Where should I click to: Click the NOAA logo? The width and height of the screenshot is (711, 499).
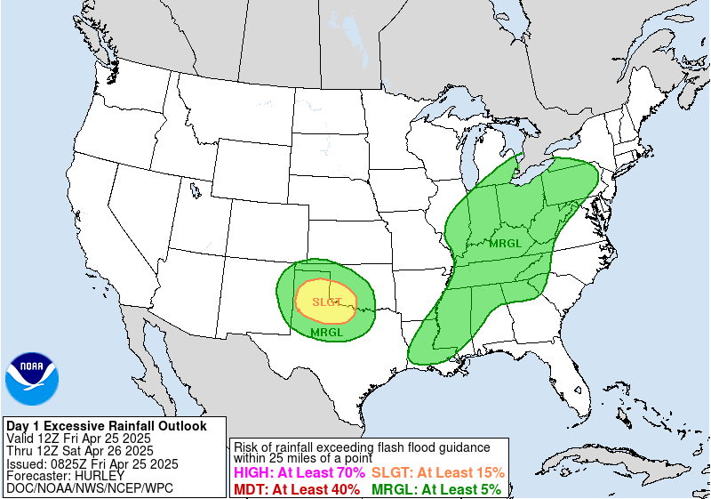click(32, 379)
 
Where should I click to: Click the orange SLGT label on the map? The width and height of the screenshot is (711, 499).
click(326, 302)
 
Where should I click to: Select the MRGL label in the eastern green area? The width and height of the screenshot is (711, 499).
click(506, 242)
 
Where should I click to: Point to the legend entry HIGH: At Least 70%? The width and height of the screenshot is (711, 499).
click(299, 473)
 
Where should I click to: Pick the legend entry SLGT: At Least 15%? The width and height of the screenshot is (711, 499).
click(437, 473)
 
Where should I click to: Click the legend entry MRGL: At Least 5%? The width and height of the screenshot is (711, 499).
click(435, 489)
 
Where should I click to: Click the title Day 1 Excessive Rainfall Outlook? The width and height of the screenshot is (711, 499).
click(106, 426)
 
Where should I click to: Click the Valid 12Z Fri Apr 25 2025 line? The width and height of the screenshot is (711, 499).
click(78, 439)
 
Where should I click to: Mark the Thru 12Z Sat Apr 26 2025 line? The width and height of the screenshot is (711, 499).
click(78, 451)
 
